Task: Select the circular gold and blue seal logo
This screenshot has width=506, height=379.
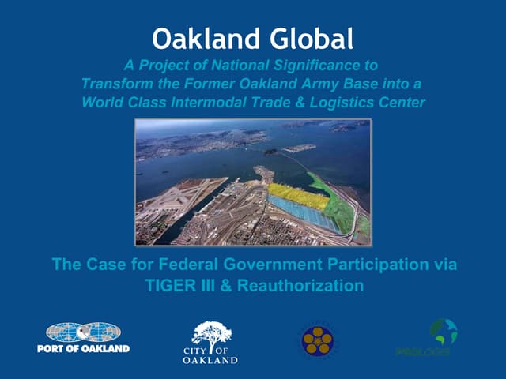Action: [x=317, y=341]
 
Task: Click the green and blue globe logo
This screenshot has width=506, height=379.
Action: [x=444, y=331]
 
